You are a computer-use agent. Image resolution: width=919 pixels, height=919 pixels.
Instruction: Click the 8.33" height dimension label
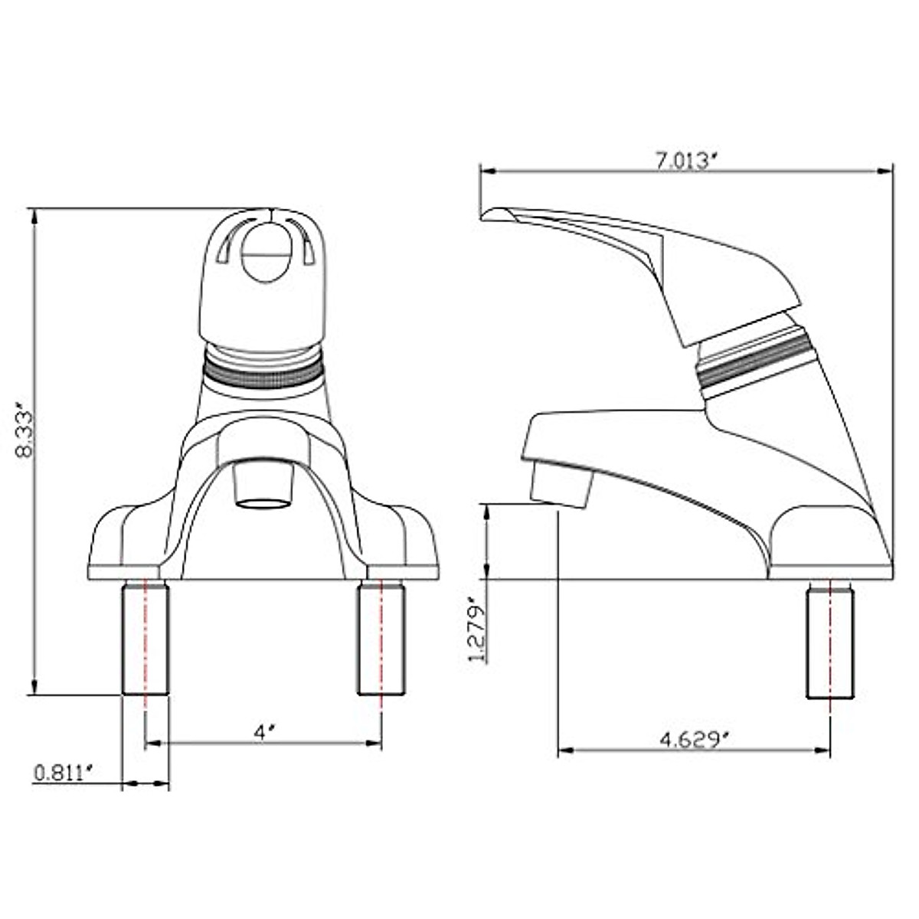tap(26, 434)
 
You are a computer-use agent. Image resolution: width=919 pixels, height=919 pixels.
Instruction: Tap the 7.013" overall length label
tap(687, 161)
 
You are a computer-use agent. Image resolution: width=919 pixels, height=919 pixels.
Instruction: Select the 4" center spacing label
tap(264, 732)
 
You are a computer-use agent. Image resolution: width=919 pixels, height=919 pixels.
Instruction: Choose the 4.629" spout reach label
tap(694, 740)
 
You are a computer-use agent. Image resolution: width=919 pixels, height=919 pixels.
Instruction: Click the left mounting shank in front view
tap(145, 638)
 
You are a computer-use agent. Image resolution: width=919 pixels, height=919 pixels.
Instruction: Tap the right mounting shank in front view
tap(381, 638)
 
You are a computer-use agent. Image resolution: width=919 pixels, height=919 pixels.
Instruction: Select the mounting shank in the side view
tap(829, 643)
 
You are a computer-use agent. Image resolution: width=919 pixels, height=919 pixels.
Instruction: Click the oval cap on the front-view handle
tap(265, 255)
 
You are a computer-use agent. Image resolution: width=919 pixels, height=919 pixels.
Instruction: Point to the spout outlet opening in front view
tap(264, 504)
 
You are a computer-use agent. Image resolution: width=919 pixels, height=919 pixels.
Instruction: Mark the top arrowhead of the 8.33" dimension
tap(34, 215)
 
